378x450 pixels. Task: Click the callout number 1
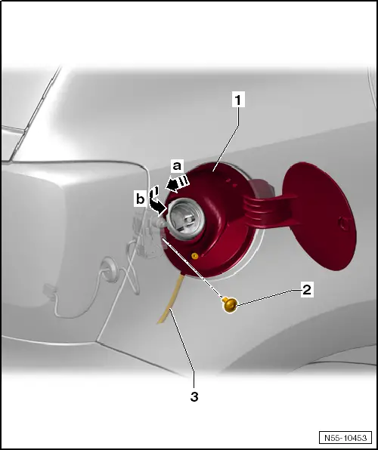[x=238, y=100]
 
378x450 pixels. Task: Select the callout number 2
[x=307, y=289]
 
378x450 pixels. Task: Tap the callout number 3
[x=194, y=397]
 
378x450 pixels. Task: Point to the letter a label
[x=178, y=166]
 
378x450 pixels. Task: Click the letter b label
[x=141, y=199]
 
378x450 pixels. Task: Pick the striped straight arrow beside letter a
[x=178, y=183]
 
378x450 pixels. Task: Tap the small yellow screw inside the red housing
[x=195, y=256]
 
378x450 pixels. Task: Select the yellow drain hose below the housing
[x=170, y=299]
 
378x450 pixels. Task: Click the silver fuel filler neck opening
[x=186, y=217]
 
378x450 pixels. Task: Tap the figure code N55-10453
[x=345, y=438]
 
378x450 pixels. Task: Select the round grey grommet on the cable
[x=110, y=270]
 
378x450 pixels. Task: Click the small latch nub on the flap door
[x=344, y=223]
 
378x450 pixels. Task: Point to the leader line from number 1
[x=225, y=139]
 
